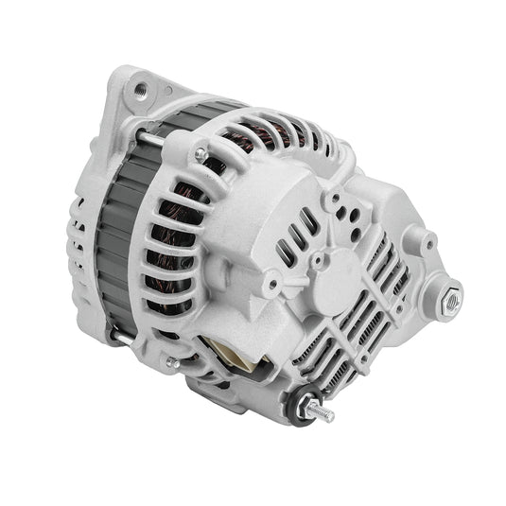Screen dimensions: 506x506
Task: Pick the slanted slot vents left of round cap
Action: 292,236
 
